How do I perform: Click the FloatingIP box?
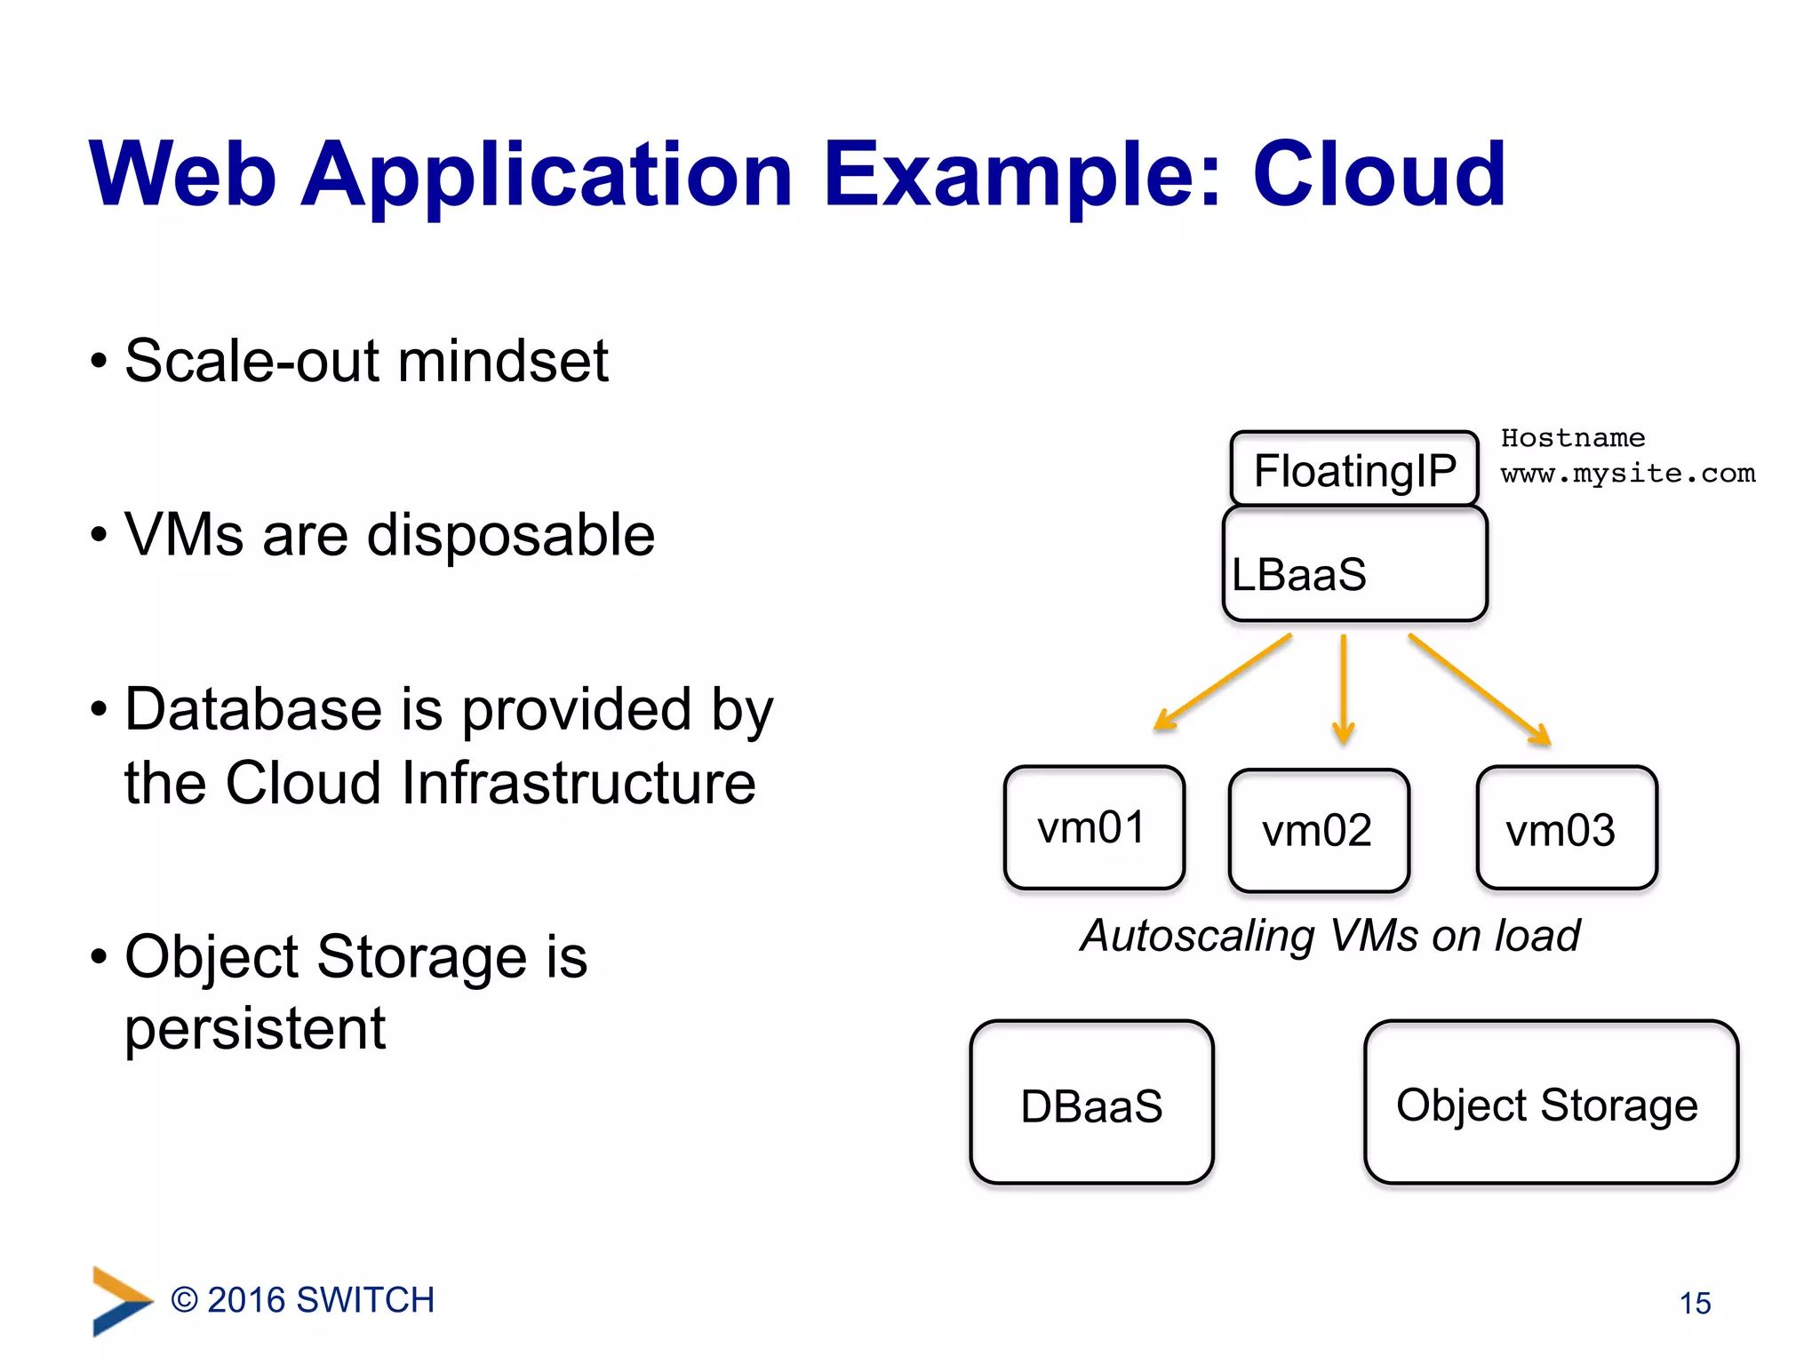[1354, 469]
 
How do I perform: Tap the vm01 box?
[1094, 827]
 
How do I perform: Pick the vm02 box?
[1319, 831]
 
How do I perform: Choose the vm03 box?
[1567, 828]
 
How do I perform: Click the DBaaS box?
[1091, 1103]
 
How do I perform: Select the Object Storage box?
[1551, 1103]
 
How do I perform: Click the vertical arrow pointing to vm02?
[1344, 689]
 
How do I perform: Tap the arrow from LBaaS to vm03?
[1479, 689]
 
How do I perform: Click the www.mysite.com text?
[1628, 474]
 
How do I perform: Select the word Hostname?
[1572, 438]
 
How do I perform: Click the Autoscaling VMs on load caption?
[1330, 936]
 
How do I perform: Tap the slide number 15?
[1695, 1303]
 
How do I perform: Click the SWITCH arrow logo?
[121, 1301]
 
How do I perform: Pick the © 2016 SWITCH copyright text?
[302, 1300]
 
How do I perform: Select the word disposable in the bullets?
[510, 535]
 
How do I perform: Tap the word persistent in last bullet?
[255, 1029]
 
